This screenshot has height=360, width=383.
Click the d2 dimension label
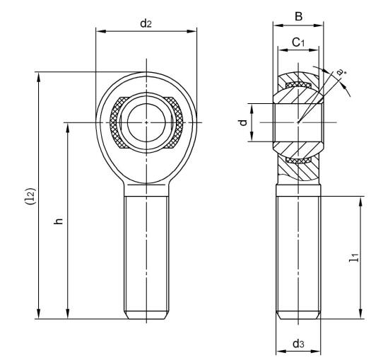click(146, 23)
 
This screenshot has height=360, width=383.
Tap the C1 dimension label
click(297, 43)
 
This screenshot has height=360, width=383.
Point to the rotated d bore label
click(243, 122)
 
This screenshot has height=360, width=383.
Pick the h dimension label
click(59, 221)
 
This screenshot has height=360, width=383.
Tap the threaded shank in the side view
click(297, 255)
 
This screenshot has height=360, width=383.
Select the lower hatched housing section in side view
click(297, 165)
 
